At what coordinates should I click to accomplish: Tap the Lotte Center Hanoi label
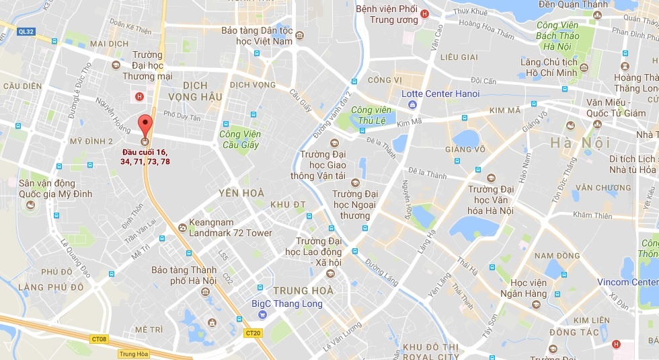pyautogui.click(x=440, y=94)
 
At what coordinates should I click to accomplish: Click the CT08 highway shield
pyautogui.click(x=99, y=340)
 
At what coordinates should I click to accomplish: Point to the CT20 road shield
pyautogui.click(x=253, y=333)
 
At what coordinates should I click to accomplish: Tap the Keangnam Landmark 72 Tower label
pyautogui.click(x=231, y=227)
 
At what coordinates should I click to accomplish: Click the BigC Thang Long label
pyautogui.click(x=286, y=303)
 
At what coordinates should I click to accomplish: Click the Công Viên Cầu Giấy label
pyautogui.click(x=239, y=139)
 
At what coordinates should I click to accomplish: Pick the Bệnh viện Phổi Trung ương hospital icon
pyautogui.click(x=424, y=14)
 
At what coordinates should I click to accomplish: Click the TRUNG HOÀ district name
pyautogui.click(x=304, y=291)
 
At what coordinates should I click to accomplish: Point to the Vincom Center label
pyautogui.click(x=627, y=282)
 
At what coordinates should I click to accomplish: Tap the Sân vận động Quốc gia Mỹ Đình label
pyautogui.click(x=55, y=188)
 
